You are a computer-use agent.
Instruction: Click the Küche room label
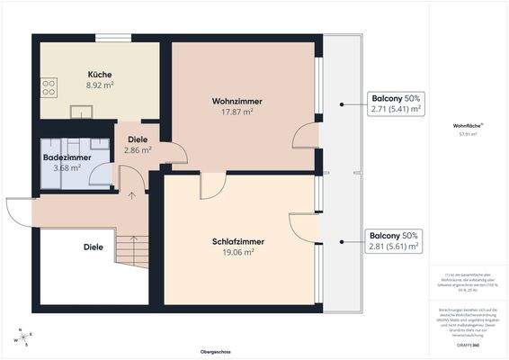pyautogui.click(x=100, y=74)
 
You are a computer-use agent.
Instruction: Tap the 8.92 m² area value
pyautogui.click(x=100, y=85)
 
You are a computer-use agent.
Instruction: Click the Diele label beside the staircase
pyautogui.click(x=94, y=247)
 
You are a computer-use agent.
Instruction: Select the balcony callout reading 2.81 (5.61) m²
pyautogui.click(x=394, y=240)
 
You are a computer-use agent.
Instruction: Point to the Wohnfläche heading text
pyautogui.click(x=468, y=126)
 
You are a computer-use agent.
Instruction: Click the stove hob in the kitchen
pyautogui.click(x=48, y=88)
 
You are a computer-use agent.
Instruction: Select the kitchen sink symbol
pyautogui.click(x=82, y=112)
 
